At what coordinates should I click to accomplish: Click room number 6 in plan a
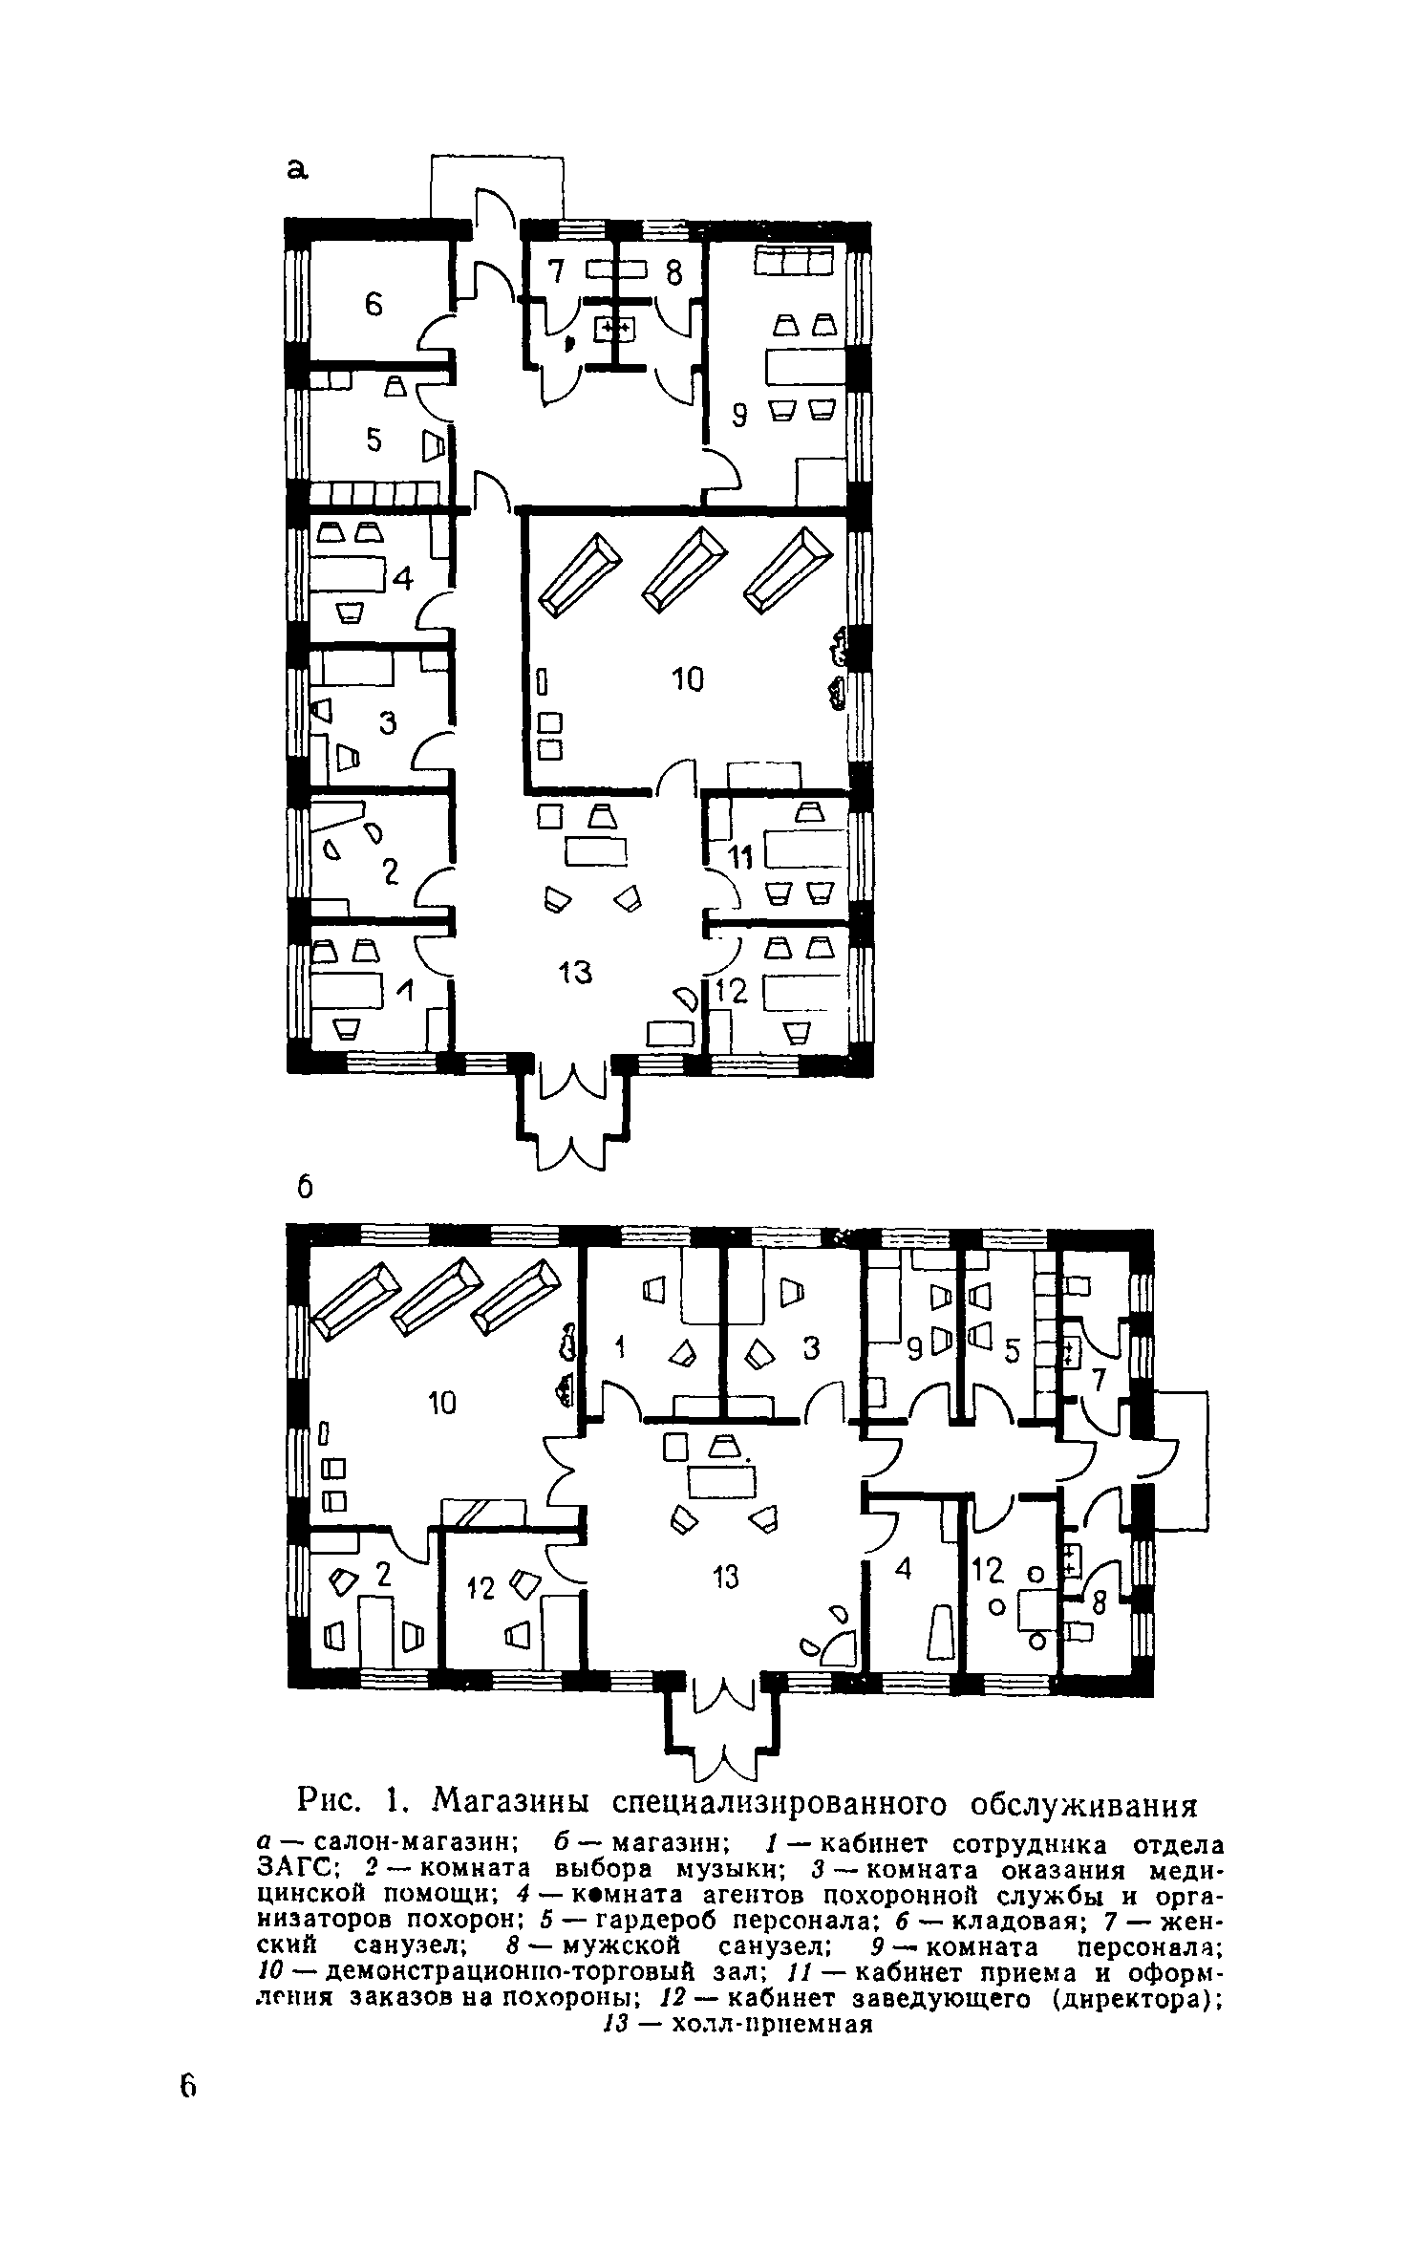coord(373,305)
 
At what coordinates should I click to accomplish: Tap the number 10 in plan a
coord(687,679)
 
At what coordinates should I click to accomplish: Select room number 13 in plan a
coord(576,973)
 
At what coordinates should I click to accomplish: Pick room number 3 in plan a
coord(387,724)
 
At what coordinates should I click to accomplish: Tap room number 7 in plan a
coord(557,274)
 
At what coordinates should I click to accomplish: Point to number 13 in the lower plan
coord(726,1578)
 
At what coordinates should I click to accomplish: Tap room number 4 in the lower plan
coord(903,1569)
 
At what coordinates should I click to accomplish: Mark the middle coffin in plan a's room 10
coord(683,569)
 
